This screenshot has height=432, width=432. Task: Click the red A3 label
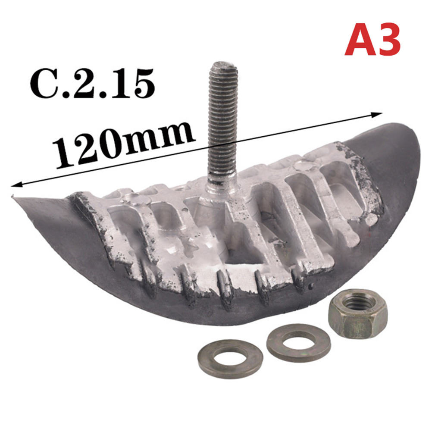click(x=372, y=39)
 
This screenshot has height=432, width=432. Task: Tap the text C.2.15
click(x=92, y=84)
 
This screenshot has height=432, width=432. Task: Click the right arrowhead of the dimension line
click(x=378, y=114)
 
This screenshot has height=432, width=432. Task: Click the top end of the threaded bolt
click(x=223, y=65)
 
